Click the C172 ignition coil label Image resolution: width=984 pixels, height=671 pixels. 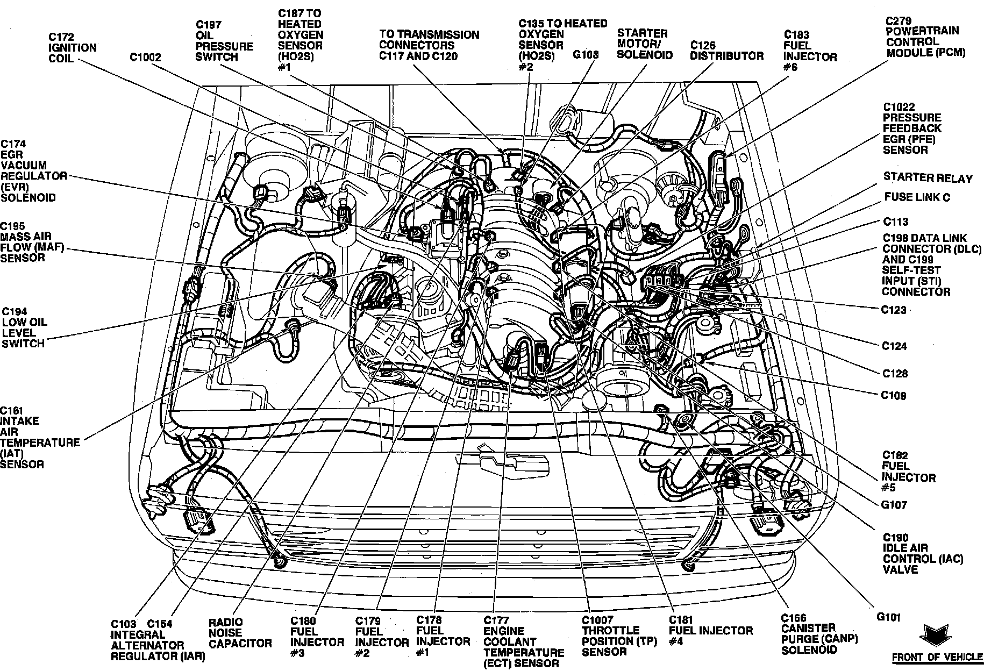click(72, 47)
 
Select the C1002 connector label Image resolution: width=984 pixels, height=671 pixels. click(145, 57)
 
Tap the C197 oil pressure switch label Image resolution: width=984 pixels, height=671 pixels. click(224, 41)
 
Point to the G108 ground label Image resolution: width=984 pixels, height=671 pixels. click(585, 55)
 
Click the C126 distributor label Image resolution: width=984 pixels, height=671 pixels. click(726, 51)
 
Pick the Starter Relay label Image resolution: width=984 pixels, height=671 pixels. click(928, 178)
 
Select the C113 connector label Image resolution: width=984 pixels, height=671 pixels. click(895, 222)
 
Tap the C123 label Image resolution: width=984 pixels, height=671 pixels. click(894, 310)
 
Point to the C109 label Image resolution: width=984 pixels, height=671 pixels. click(894, 396)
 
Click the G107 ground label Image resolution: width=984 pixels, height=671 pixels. click(894, 505)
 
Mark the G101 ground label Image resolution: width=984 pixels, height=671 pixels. click(888, 617)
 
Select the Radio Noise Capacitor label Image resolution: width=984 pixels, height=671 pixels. click(240, 632)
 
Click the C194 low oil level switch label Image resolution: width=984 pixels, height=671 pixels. click(24, 327)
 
